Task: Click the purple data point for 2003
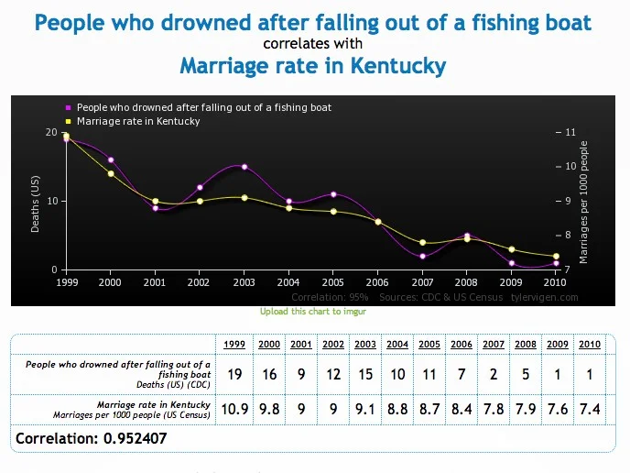click(244, 167)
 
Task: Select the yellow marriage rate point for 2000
click(111, 174)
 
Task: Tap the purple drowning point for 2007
click(422, 257)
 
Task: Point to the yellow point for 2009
click(512, 249)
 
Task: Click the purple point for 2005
click(333, 194)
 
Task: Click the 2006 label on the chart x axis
click(377, 282)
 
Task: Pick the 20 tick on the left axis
click(51, 132)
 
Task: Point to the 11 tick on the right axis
click(570, 132)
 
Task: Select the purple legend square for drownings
click(69, 107)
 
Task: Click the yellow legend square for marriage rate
click(69, 121)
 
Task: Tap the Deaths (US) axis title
click(36, 203)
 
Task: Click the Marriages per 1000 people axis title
click(583, 203)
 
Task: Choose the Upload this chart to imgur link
click(313, 312)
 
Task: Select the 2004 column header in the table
click(397, 345)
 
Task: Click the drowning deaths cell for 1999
click(234, 374)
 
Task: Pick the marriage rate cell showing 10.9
click(234, 409)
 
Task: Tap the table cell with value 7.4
click(590, 409)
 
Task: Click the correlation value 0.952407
click(135, 438)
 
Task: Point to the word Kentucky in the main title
click(398, 66)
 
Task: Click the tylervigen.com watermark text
click(545, 297)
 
